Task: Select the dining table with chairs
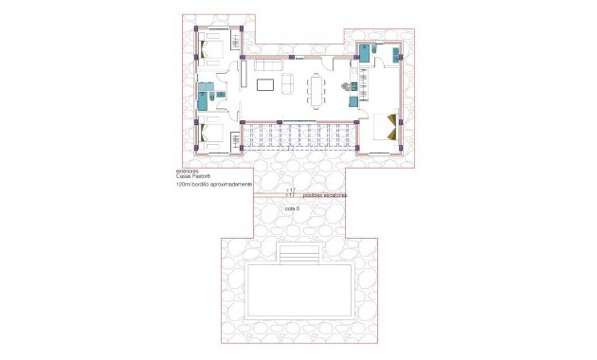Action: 317,90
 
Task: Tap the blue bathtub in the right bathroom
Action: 363,54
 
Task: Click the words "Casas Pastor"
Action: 193,177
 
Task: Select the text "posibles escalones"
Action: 325,195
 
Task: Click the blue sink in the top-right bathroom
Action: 375,45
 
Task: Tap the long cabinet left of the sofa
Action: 243,74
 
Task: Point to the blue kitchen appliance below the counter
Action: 353,100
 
